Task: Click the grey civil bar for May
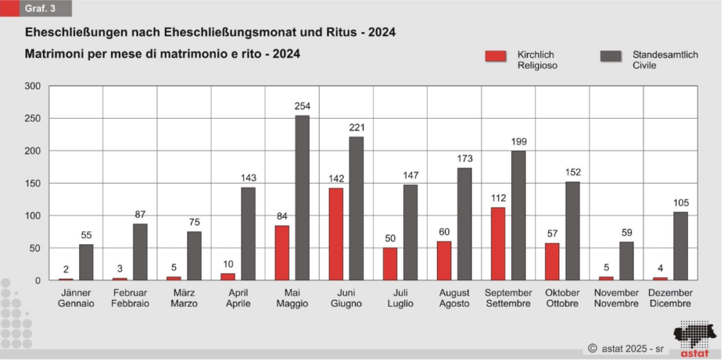coord(302,198)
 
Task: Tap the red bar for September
coord(498,243)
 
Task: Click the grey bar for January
coord(86,262)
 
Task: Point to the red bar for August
coord(444,261)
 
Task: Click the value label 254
coord(303,106)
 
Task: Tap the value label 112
coord(498,198)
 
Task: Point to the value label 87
coord(140,214)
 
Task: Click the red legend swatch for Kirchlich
coord(496,57)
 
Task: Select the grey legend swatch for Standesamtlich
coord(610,57)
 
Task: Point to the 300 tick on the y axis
coord(33,86)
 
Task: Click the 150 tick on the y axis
coord(33,183)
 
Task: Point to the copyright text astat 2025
coord(626,349)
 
